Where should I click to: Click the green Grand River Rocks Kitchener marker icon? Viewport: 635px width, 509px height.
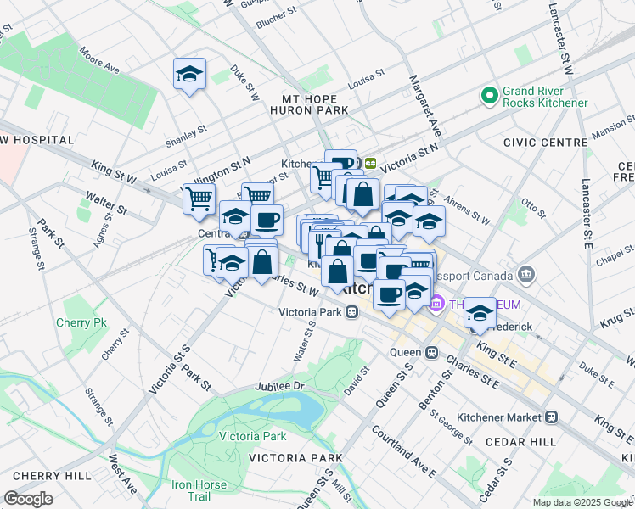pos(489,97)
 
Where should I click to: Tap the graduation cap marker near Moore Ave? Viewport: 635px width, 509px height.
pos(190,76)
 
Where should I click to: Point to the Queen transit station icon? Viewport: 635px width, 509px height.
pos(431,352)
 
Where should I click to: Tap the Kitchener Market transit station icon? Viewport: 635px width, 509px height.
pos(552,417)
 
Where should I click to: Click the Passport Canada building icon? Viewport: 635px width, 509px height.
pos(525,276)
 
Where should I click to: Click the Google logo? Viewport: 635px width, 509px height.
pos(29,498)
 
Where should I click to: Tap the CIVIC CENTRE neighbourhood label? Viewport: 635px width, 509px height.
pos(542,143)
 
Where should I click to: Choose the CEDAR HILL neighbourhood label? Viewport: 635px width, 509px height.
pos(520,442)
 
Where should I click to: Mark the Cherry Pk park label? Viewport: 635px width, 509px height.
pos(81,322)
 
